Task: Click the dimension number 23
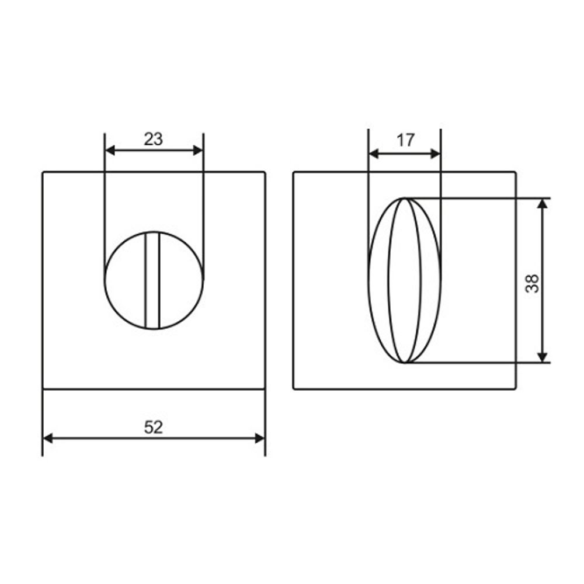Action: pos(154,139)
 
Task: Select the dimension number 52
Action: pos(154,427)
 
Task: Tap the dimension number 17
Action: pos(405,140)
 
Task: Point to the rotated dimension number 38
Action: pos(532,283)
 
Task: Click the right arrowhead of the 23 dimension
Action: pos(198,150)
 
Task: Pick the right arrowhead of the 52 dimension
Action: pos(260,438)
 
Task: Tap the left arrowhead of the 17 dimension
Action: pos(374,154)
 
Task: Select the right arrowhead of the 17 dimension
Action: pos(435,154)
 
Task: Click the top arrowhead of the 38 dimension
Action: pos(543,203)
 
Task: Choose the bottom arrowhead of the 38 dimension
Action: pos(543,357)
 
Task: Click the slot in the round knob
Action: pos(152,280)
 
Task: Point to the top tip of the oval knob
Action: pos(404,199)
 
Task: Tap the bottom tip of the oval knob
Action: pos(404,363)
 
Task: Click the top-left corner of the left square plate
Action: pos(43,172)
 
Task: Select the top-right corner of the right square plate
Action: pos(516,172)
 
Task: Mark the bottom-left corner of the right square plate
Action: pos(293,389)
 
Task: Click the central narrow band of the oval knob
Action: pos(404,280)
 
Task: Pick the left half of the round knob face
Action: pos(124,280)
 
